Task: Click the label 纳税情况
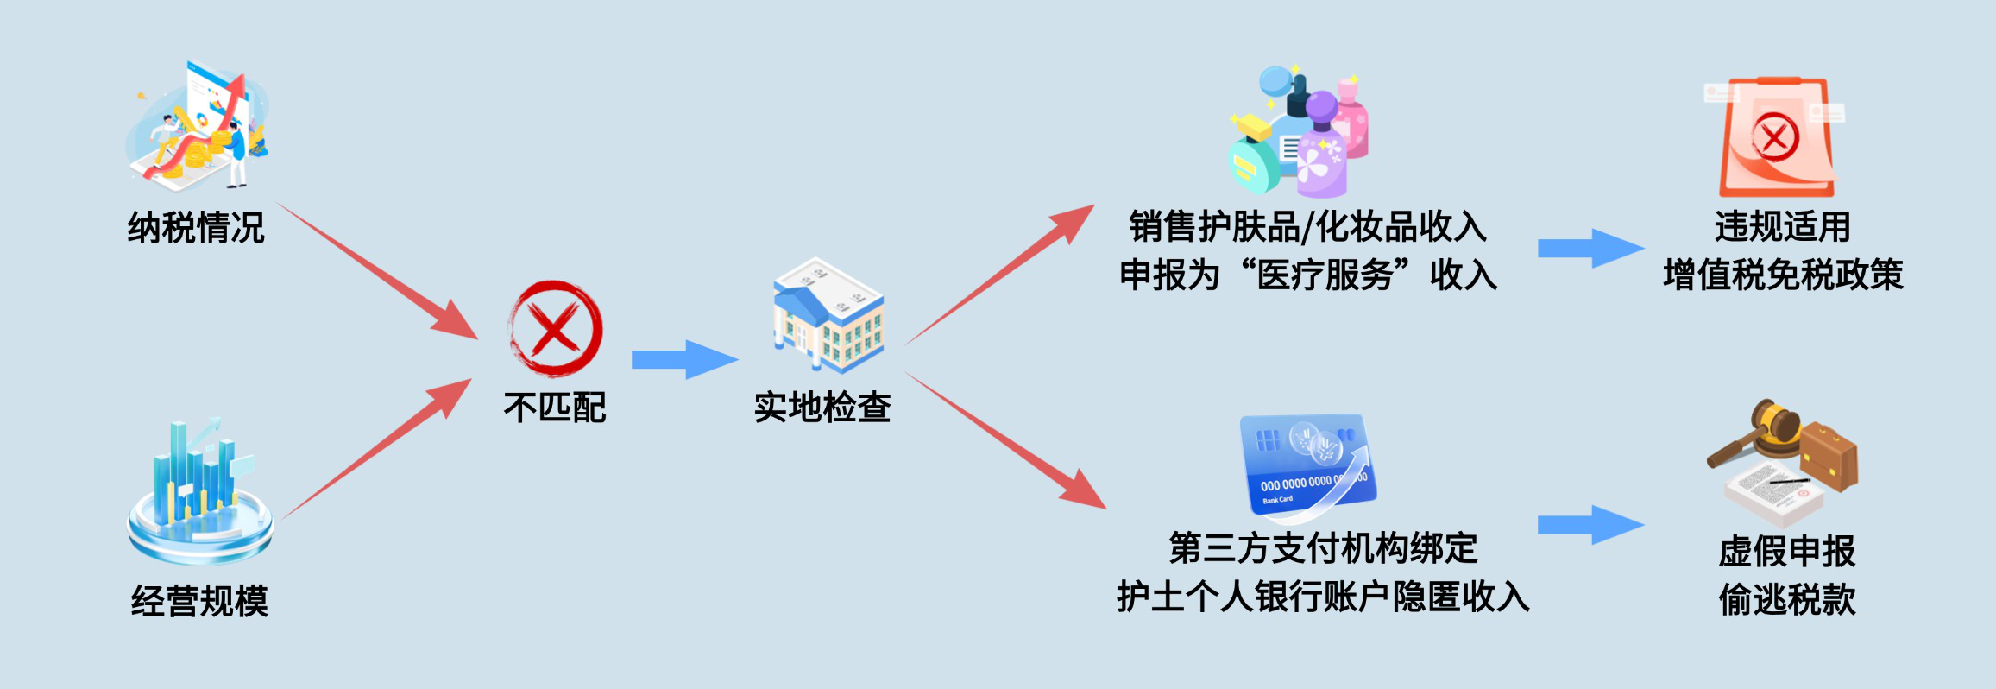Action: coord(196,229)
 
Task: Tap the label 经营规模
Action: coord(199,601)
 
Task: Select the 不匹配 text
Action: coord(555,408)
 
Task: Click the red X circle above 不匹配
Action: coord(556,328)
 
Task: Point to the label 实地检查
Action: coord(822,408)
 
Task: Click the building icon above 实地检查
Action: coord(827,315)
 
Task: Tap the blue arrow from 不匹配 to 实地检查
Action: coord(684,359)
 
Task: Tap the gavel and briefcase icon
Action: coord(1783,462)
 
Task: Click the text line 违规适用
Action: coord(1783,227)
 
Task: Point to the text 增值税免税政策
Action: coord(1783,275)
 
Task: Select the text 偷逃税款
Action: coord(1787,600)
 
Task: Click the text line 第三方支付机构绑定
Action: coord(1323,548)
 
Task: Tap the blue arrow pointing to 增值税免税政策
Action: coord(1590,249)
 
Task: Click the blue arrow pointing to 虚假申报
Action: coord(1590,525)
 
